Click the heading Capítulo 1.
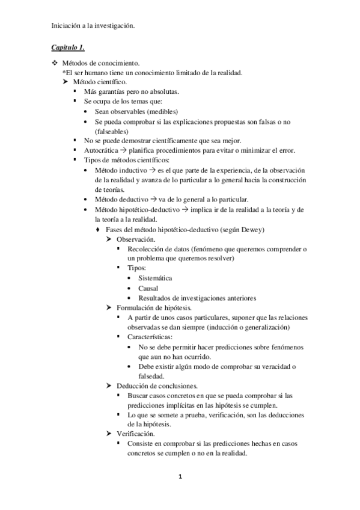68,47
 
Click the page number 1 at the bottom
180,477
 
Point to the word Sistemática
155,278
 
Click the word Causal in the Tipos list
148,288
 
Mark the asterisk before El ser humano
64,73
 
